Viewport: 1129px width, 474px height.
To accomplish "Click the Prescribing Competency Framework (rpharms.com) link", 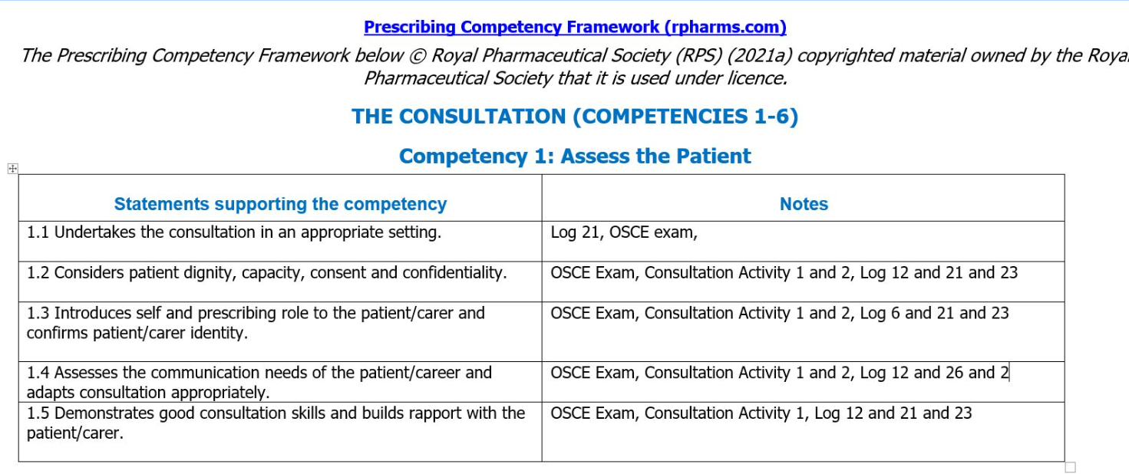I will [575, 28].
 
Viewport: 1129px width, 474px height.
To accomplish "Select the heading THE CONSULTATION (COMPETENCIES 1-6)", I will [575, 117].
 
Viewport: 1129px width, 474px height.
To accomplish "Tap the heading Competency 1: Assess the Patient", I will [575, 156].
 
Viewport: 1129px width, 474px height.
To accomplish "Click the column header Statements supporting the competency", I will [280, 204].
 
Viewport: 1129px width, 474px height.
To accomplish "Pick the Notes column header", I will [804, 204].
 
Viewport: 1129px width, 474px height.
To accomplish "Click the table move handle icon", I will [12, 169].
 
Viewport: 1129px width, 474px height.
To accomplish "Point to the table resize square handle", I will [1071, 467].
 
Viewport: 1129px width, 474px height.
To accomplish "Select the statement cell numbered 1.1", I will [234, 232].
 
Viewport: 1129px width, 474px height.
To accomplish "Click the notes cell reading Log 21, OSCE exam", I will [624, 232].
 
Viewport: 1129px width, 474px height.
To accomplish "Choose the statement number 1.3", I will [38, 313].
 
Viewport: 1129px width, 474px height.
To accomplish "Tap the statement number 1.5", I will [38, 413].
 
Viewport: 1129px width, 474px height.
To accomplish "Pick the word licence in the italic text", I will [760, 78].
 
